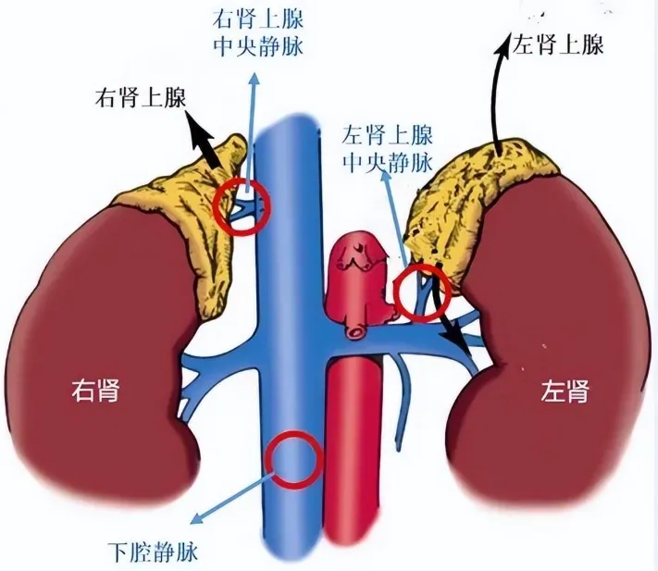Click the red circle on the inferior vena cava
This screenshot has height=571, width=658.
pyautogui.click(x=292, y=459)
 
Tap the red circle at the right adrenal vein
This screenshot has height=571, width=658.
pyautogui.click(x=242, y=206)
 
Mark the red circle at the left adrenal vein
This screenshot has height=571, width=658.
pyautogui.click(x=422, y=291)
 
